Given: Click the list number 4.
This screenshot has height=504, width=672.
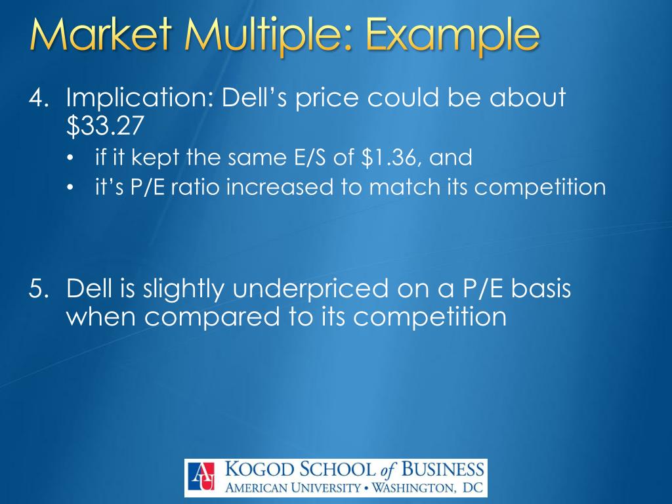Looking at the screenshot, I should point(36,98).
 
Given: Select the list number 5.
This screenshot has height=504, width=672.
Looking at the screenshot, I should point(36,289).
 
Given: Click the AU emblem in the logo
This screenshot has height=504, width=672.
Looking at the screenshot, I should point(203,476).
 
